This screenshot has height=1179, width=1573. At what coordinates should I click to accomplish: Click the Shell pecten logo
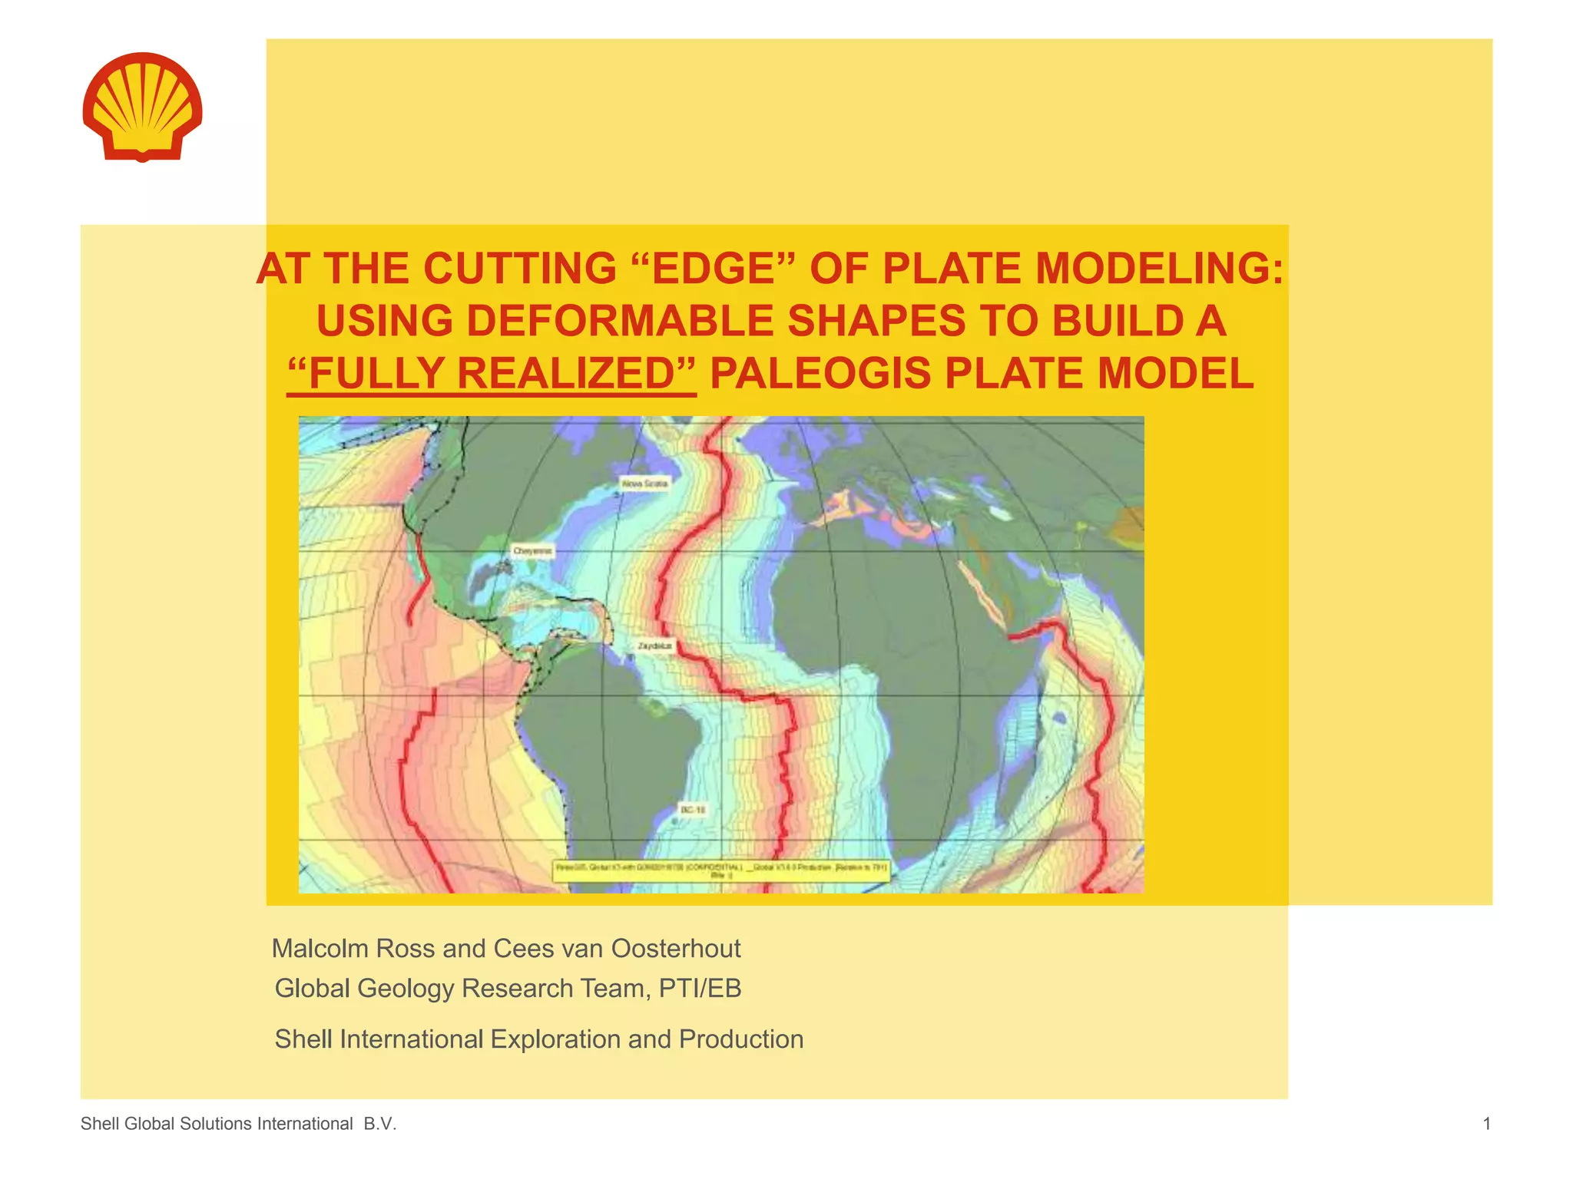(x=142, y=107)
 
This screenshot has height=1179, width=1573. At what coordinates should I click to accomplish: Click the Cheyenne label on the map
(x=532, y=551)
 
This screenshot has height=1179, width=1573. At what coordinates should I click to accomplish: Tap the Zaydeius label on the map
(x=654, y=646)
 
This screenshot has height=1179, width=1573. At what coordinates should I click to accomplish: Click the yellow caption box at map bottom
(x=720, y=870)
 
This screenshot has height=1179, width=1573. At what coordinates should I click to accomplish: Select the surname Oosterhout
(x=676, y=949)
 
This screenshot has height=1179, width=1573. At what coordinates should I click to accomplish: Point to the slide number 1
(x=1487, y=1125)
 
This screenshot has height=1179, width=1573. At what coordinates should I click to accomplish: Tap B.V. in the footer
(x=379, y=1125)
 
